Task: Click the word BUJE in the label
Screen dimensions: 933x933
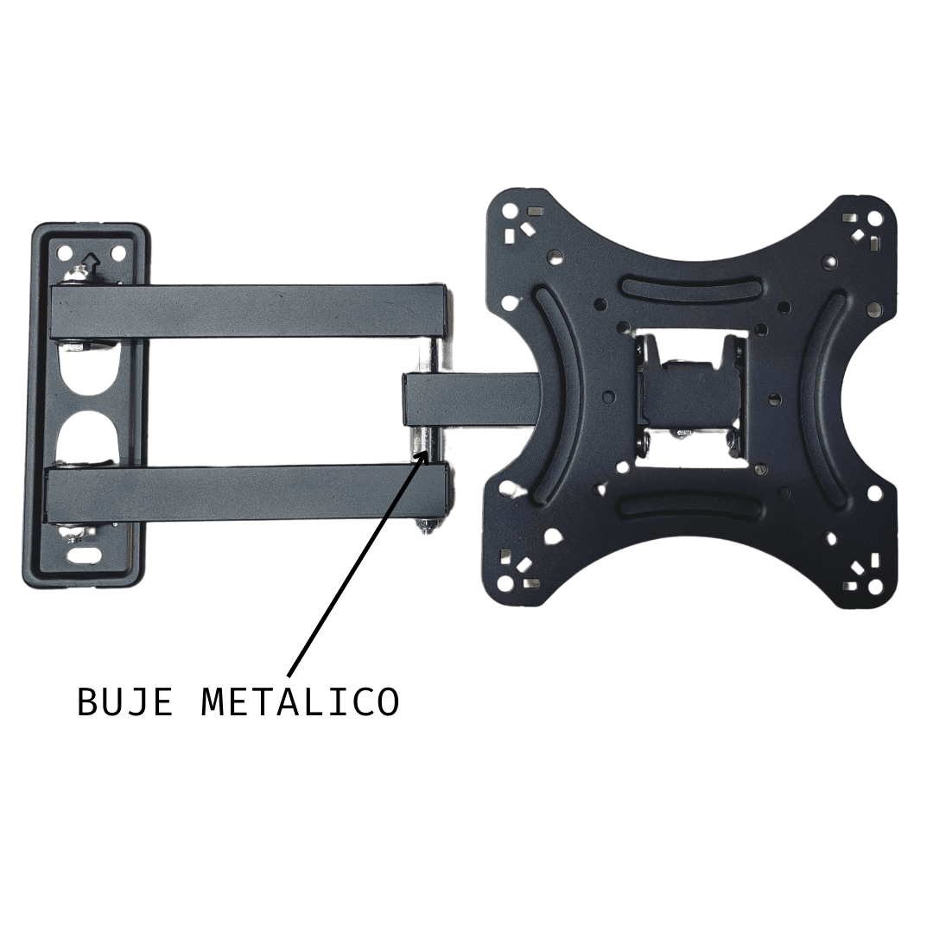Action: click(x=125, y=702)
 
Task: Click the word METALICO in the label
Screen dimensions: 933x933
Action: click(x=301, y=702)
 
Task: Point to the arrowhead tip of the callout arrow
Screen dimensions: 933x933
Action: click(x=428, y=450)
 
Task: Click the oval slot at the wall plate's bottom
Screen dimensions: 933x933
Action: click(x=85, y=557)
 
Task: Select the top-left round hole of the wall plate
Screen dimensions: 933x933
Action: click(x=62, y=252)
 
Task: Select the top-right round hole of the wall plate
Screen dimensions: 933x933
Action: click(x=117, y=252)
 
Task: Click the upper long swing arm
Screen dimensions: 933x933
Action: click(x=248, y=311)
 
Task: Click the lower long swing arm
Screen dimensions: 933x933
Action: click(x=247, y=496)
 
